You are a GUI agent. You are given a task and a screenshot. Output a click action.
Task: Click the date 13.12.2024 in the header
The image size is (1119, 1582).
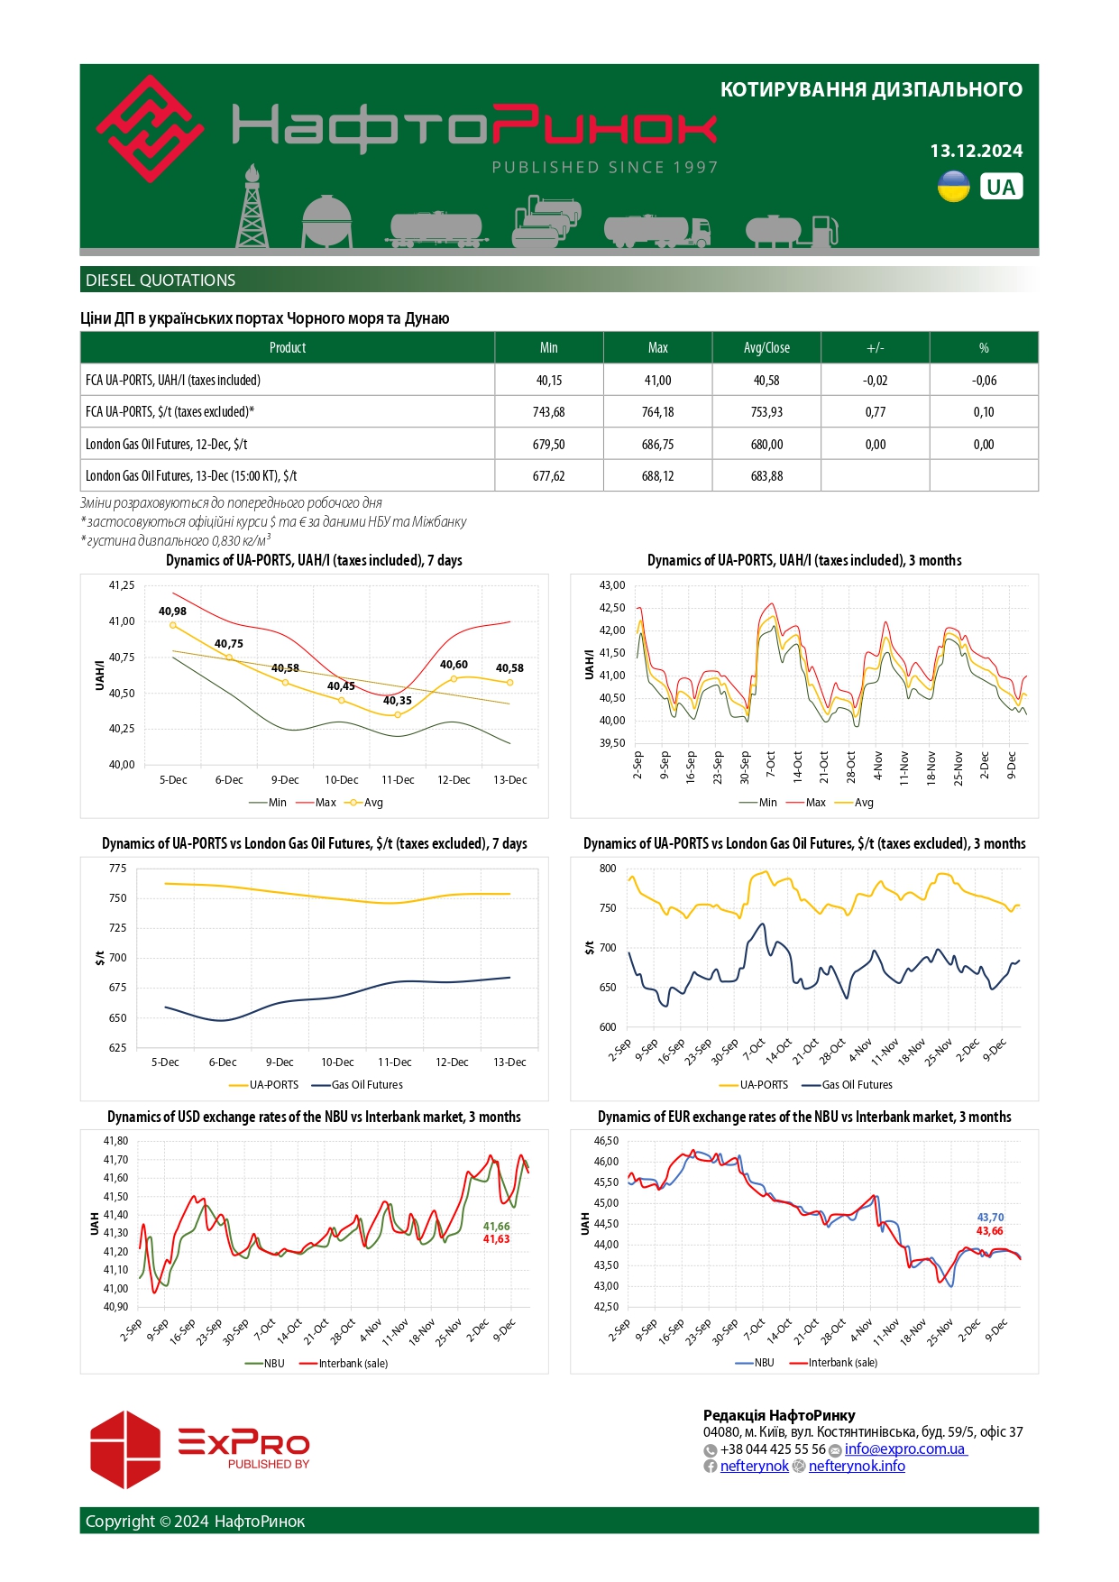coord(976,151)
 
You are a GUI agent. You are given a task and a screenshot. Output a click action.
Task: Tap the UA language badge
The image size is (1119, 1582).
coord(1000,187)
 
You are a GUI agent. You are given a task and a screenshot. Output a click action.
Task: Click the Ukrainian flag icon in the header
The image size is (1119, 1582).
coord(953,187)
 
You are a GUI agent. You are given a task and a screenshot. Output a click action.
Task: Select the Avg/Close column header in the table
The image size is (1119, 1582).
coord(766,348)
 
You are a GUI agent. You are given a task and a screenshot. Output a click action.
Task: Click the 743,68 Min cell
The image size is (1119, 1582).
coord(548,412)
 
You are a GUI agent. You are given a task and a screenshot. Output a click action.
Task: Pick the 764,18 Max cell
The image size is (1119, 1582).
coord(657,412)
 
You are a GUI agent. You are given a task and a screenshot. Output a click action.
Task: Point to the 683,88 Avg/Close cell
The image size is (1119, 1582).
coord(766,476)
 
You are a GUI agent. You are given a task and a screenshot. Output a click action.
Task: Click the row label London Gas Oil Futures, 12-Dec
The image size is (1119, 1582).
coord(167,445)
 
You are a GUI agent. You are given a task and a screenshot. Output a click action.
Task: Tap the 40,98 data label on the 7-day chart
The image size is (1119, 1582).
coord(172,612)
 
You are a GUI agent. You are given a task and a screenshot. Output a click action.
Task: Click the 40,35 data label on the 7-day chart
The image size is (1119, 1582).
coord(397,701)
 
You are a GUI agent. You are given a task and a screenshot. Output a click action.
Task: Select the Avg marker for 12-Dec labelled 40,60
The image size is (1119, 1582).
coord(454,678)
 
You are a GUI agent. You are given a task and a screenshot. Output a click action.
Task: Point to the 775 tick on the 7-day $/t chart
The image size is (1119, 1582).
coord(117,869)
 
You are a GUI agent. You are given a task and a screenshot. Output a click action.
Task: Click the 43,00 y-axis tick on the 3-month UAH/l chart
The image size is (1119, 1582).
coord(612,585)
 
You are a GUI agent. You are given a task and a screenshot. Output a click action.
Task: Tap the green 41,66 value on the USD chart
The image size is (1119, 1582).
coord(496,1227)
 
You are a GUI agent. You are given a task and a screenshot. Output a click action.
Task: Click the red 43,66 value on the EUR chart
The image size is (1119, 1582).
coord(989,1231)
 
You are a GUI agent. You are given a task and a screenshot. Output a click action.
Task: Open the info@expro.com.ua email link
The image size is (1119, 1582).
coord(904,1449)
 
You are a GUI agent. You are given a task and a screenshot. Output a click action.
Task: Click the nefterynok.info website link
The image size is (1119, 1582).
coord(856,1467)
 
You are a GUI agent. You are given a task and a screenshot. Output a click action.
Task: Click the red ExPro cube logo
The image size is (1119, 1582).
coord(125,1449)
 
